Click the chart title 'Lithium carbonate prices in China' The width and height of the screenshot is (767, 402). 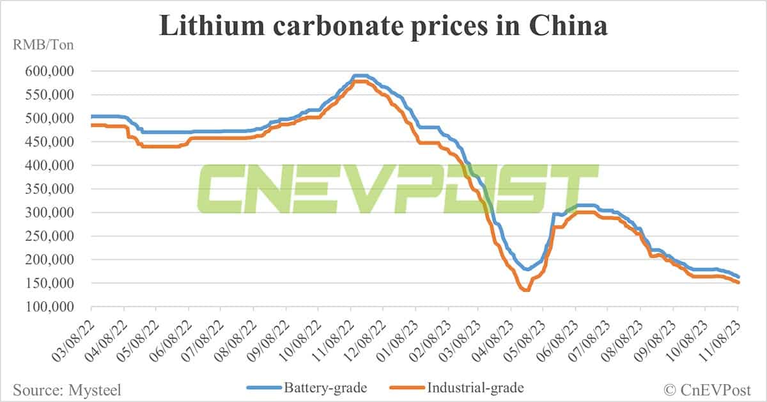383,26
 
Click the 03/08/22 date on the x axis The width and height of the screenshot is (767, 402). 73,335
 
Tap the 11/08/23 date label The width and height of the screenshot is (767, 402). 718,335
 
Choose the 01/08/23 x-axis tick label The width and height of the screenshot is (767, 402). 396,335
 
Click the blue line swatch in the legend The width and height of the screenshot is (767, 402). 262,387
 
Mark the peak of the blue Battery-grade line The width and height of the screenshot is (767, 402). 360,76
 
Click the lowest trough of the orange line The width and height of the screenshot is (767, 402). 525,290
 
